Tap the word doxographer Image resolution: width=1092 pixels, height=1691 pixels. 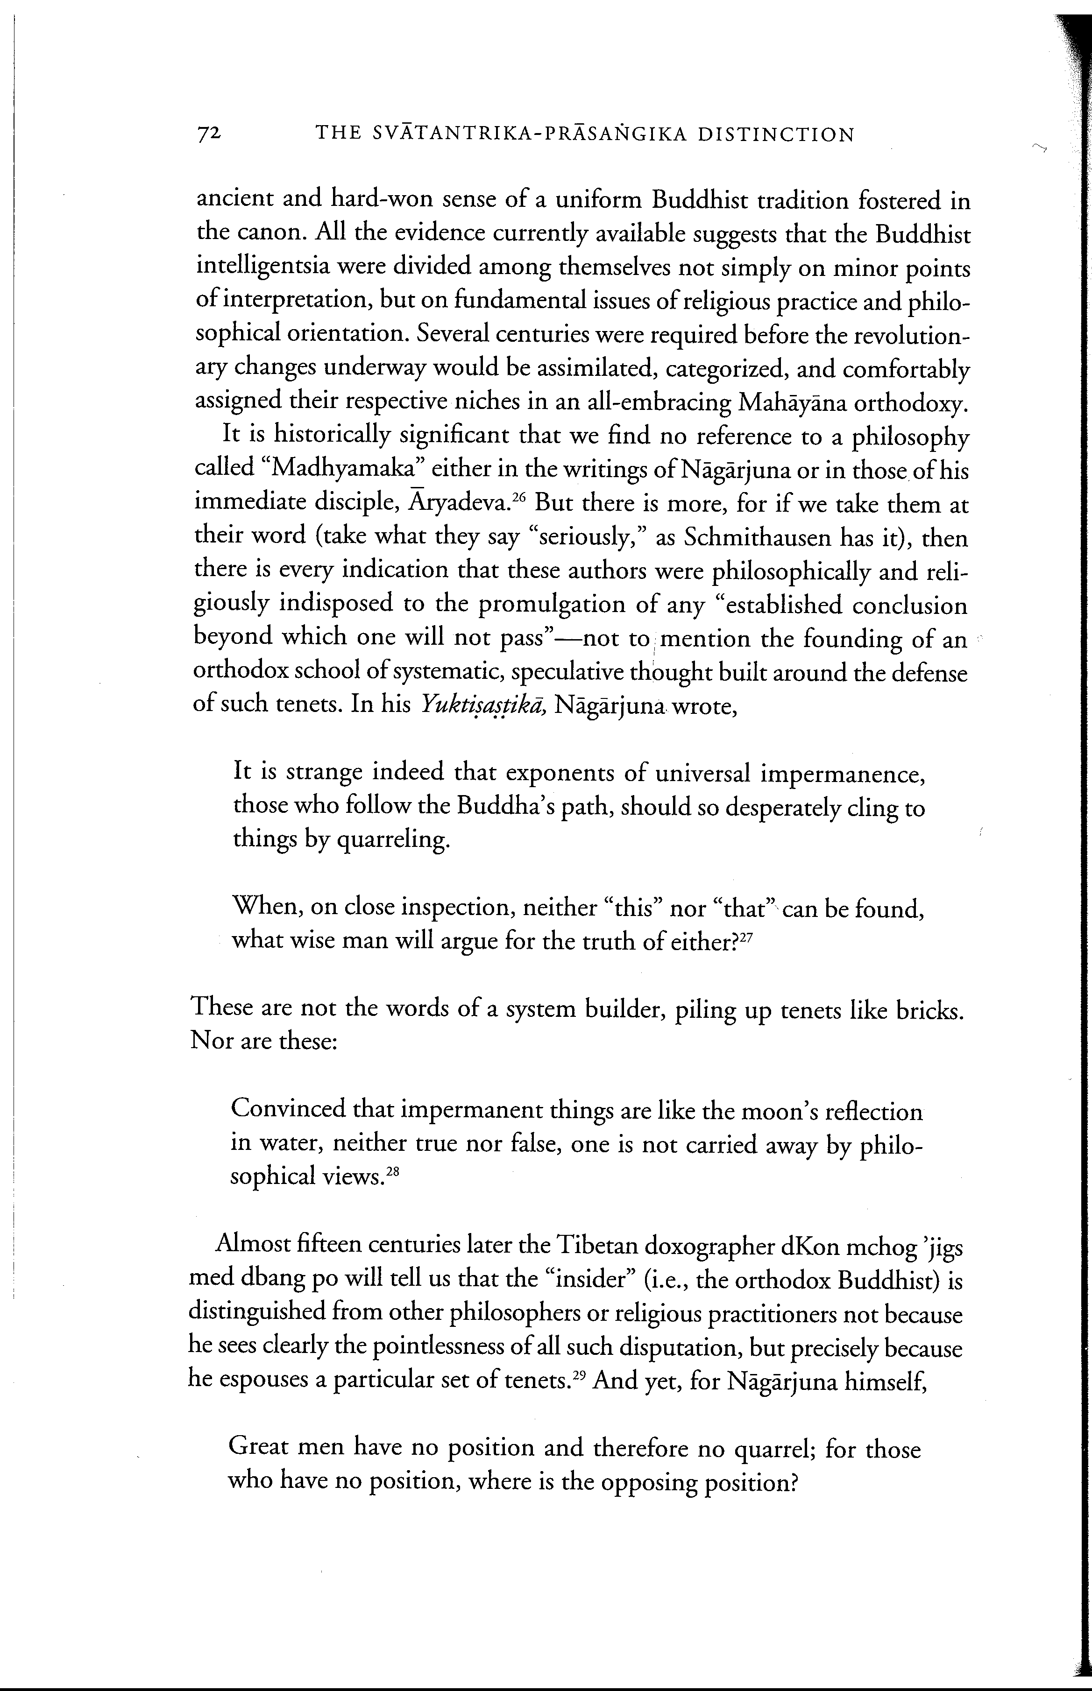710,1246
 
